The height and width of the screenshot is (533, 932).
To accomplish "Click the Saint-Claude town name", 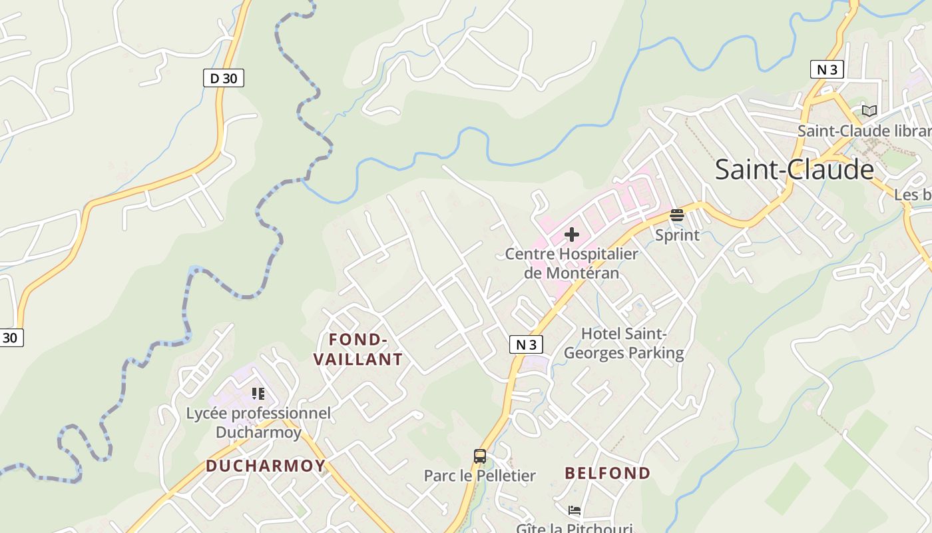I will coord(794,170).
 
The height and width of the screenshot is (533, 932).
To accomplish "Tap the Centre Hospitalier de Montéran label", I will coord(571,263).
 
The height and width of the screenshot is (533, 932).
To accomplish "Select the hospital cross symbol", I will coord(571,235).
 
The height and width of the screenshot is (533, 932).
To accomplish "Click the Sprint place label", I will coord(677,235).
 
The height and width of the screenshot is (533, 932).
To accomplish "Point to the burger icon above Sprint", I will coord(677,215).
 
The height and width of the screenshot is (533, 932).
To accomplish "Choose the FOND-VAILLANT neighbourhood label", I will coord(358,350).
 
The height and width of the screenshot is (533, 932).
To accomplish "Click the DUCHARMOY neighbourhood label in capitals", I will coord(266,466).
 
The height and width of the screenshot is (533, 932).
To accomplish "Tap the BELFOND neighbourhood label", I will coord(608,473).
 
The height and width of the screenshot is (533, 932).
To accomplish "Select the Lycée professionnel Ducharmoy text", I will coord(258,422).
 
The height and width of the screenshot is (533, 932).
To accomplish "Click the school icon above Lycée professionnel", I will coord(258,394).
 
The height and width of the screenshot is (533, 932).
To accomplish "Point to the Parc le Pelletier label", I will coord(479,476).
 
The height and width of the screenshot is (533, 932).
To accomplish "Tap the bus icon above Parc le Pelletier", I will coord(479,456).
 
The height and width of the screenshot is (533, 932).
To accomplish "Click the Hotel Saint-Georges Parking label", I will coord(624,343).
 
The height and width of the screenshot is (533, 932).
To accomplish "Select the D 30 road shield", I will coord(223,79).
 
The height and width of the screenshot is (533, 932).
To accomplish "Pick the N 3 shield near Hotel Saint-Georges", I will coord(526,344).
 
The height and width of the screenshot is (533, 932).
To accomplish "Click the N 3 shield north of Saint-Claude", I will coord(827,69).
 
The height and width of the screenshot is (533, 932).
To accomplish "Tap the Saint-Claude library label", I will coord(864,131).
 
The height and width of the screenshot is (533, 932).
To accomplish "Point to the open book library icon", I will coord(869,111).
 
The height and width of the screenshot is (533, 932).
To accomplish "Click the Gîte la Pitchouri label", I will coord(574,528).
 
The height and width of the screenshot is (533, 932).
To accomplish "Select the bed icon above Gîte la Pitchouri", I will coord(575,510).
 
